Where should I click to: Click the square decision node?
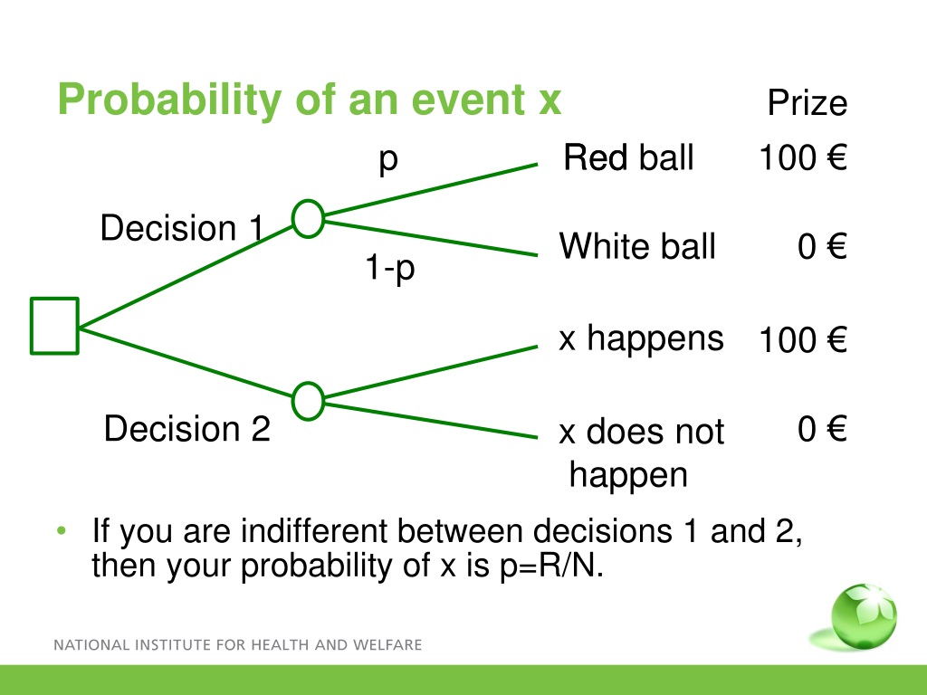coord(54,299)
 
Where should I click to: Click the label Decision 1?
coord(181,227)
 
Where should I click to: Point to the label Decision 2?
coord(186,428)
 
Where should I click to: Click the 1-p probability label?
coord(390,267)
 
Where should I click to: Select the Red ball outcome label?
coord(628,157)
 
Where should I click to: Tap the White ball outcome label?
coord(637,246)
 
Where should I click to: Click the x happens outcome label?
coord(642,338)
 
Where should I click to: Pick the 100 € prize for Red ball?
coord(803,157)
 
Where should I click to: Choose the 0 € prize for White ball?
coord(822,246)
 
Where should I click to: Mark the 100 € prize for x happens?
coord(803,340)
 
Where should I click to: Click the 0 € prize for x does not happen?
coord(822,428)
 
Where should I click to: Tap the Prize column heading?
coord(807,103)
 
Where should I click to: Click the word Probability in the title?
coord(169,100)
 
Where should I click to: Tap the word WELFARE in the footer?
coord(387,644)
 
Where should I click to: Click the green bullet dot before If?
coord(62,530)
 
